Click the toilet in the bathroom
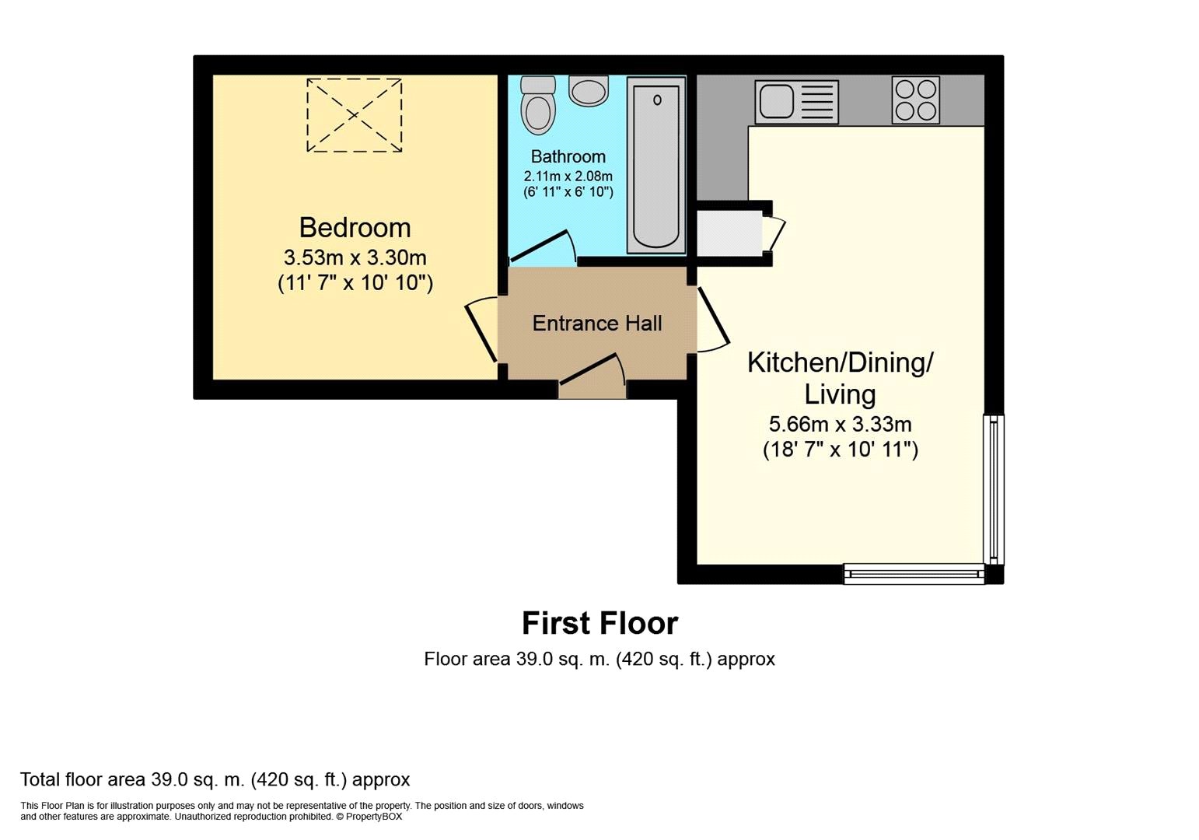538,105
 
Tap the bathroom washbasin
589,90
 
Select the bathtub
656,165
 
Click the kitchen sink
796,102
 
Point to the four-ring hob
916,100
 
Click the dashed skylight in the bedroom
355,115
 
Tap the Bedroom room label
355,228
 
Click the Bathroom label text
568,156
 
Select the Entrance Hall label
597,324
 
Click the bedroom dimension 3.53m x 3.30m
355,258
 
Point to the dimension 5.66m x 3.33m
840,424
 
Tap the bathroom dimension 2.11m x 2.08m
568,176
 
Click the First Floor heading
600,623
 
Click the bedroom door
481,329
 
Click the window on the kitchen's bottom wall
914,575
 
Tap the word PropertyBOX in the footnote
373,817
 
